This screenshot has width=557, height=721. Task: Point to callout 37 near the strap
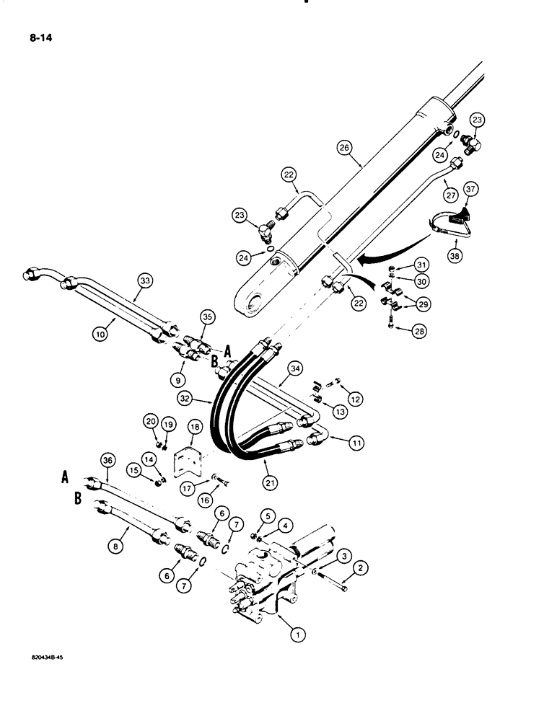[470, 190]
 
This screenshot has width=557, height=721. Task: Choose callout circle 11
[356, 443]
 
